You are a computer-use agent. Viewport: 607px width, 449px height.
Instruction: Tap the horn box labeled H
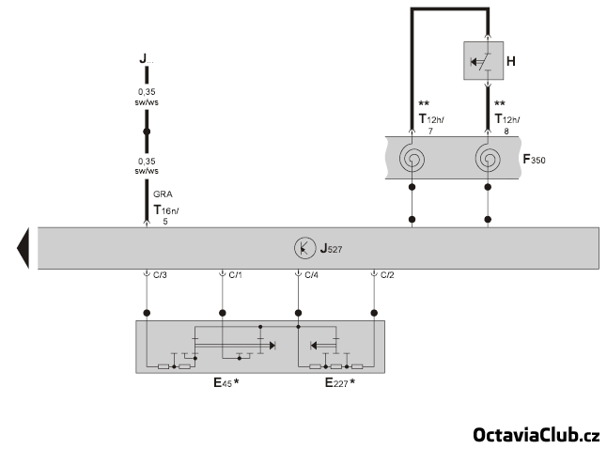point(487,63)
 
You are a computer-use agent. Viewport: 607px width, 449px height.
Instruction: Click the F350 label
point(533,159)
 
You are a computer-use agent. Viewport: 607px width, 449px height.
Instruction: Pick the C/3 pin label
point(161,275)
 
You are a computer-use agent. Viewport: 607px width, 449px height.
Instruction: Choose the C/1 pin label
point(236,275)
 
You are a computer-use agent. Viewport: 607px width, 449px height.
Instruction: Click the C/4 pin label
point(312,275)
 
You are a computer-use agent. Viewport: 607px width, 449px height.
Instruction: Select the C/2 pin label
point(387,275)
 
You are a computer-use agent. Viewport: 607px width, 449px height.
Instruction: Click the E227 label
point(337,383)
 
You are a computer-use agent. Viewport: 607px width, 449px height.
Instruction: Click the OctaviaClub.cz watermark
point(536,434)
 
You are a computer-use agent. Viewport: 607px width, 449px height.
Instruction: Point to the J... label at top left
point(145,59)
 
